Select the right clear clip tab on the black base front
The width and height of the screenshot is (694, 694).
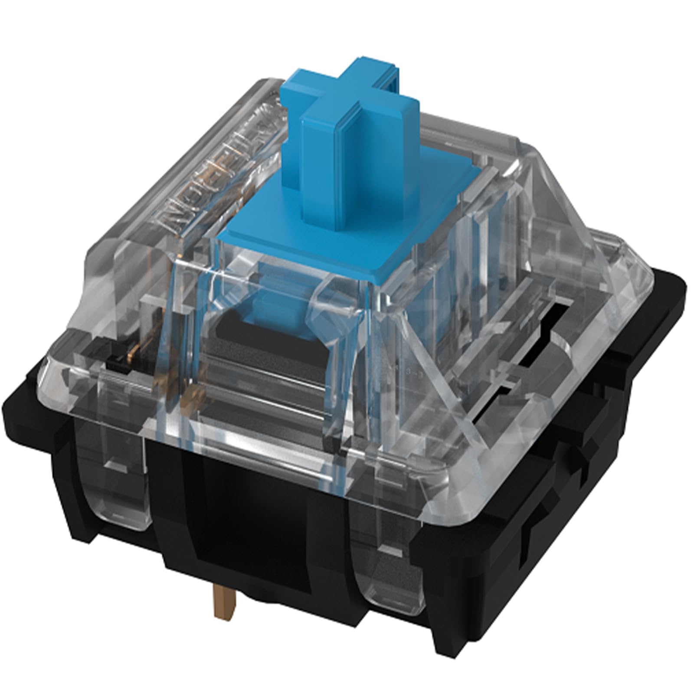[386, 577]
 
